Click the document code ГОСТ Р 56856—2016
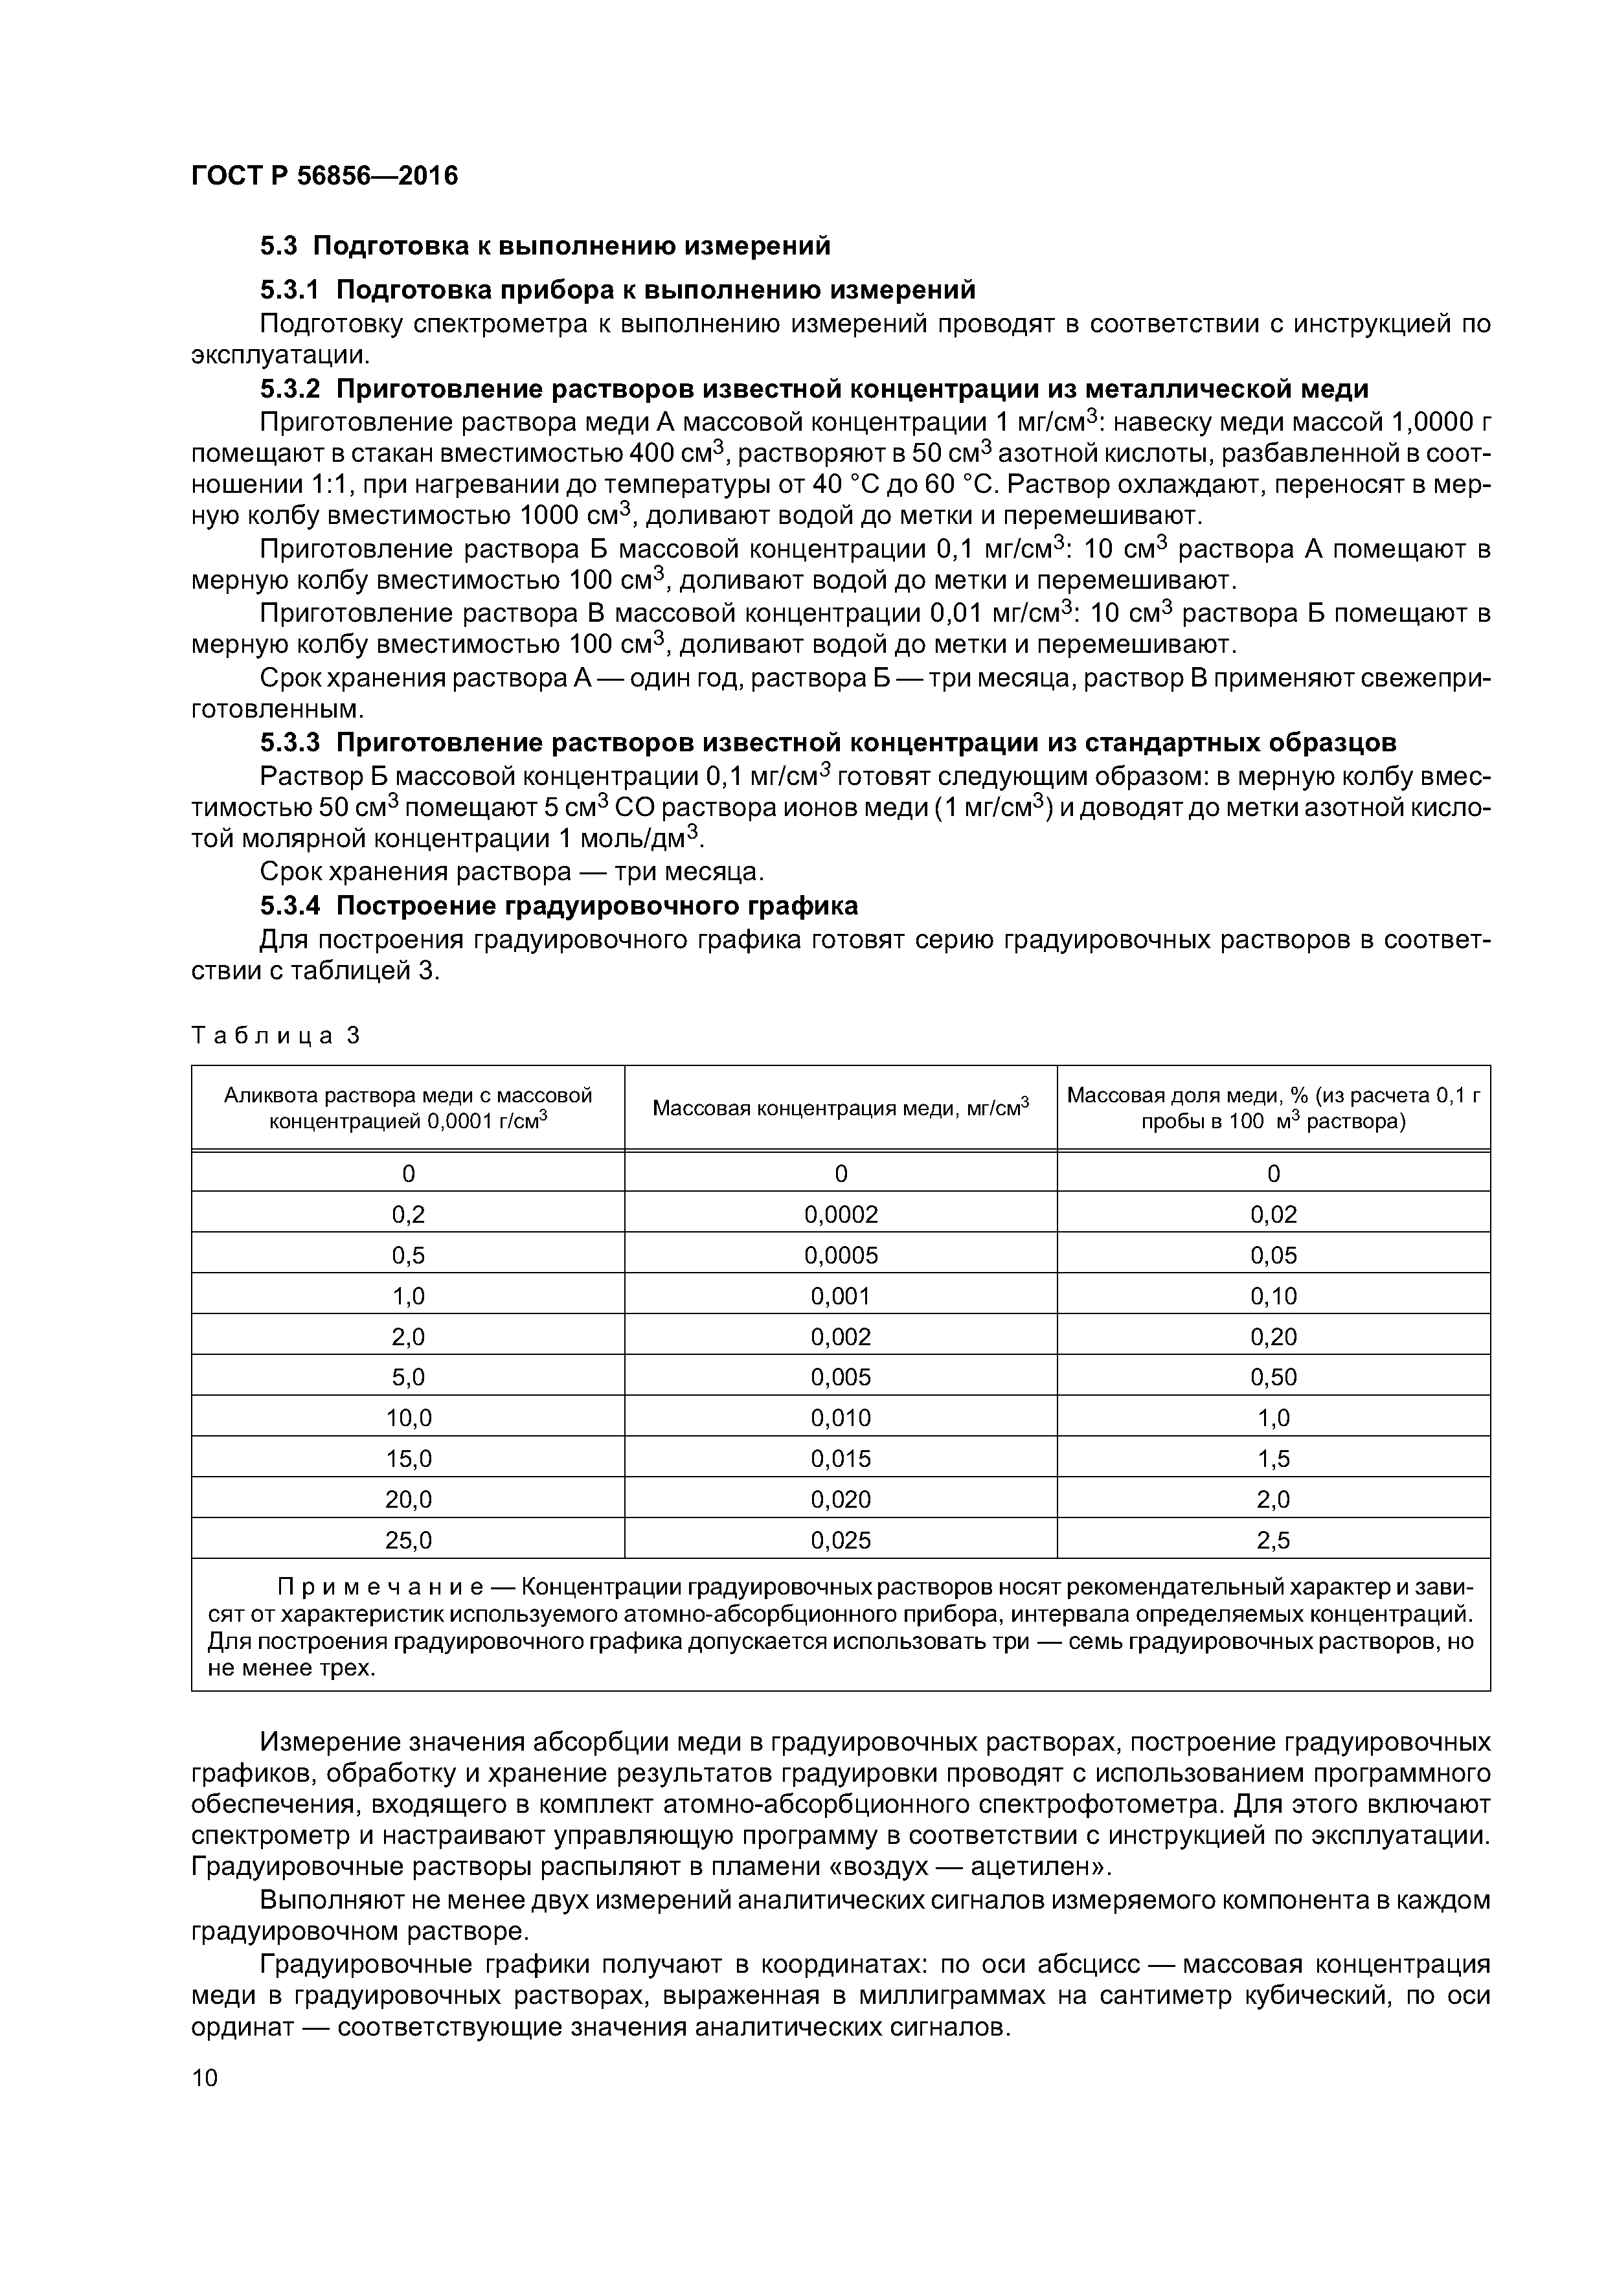[x=324, y=176]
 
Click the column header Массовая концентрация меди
[x=840, y=1108]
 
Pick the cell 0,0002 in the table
[x=840, y=1214]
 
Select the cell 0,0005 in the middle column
[x=840, y=1255]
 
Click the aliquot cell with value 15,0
[x=408, y=1459]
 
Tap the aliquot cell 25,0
[x=408, y=1539]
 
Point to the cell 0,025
[x=840, y=1539]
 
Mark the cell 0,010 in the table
[x=840, y=1418]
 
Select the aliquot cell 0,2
[x=408, y=1214]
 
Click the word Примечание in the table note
[x=379, y=1588]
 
